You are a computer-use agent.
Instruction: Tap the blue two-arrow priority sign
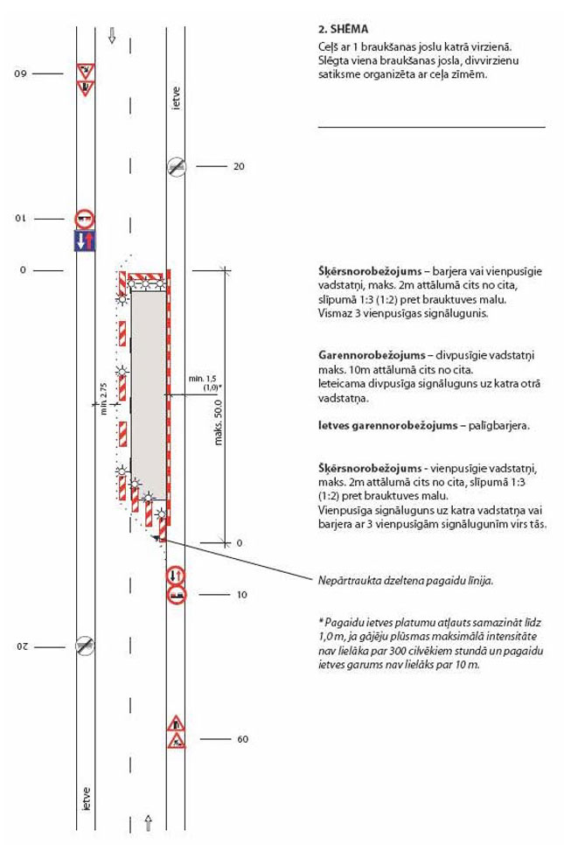[x=85, y=241]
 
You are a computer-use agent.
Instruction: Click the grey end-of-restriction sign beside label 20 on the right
[x=177, y=166]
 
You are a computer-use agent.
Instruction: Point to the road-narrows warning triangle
[x=177, y=723]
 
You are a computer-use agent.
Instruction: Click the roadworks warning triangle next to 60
[x=177, y=741]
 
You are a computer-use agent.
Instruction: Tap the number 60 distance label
[x=242, y=740]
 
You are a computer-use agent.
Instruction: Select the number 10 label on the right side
[x=241, y=595]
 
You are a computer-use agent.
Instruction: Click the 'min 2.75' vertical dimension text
[x=103, y=399]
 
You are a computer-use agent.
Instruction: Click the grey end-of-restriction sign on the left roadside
[x=85, y=646]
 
